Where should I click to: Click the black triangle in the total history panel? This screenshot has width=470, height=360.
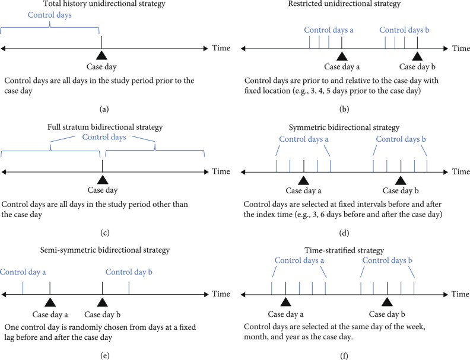(x=102, y=55)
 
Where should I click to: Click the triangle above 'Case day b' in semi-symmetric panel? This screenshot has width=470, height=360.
(x=103, y=301)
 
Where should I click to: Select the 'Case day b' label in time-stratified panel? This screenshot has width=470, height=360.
(x=387, y=314)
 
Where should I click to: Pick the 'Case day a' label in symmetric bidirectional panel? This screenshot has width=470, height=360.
(x=303, y=191)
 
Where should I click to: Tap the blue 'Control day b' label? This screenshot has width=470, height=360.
(x=129, y=272)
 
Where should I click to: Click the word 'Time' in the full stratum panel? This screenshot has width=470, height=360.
(x=221, y=171)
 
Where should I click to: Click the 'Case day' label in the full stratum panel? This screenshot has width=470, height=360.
(x=103, y=190)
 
